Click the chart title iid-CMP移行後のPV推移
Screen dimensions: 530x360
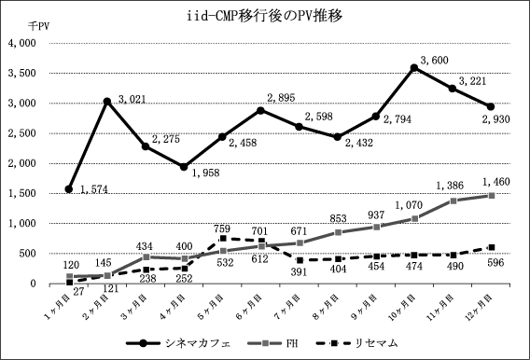coord(265,16)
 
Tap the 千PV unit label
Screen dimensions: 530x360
coord(38,26)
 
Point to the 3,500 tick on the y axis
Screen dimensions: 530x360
coord(22,74)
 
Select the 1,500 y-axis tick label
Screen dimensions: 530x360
coord(22,193)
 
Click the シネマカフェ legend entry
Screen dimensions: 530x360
coord(178,343)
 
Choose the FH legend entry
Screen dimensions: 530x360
coord(272,343)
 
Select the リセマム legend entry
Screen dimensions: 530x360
coord(357,343)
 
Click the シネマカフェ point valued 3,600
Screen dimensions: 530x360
coord(413,68)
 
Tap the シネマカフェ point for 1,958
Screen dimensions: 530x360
coord(184,167)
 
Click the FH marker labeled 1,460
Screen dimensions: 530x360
coord(492,196)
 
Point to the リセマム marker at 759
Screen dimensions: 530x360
coord(223,239)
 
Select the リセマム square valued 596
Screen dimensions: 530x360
coord(492,247)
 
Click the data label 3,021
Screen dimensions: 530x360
coord(132,99)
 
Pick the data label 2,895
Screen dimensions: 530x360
coord(281,98)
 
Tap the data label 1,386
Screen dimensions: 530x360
coord(450,186)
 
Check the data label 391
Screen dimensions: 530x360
coord(300,271)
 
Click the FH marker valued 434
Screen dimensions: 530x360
coord(146,257)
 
